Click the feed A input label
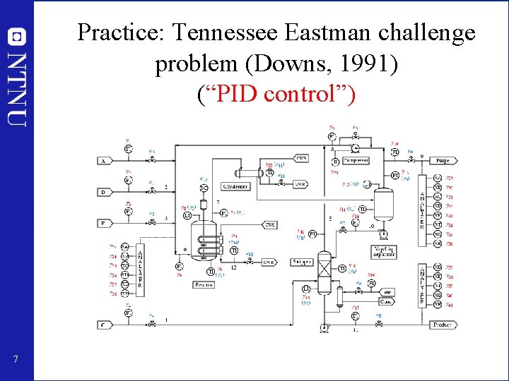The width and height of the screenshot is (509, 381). pyautogui.click(x=104, y=161)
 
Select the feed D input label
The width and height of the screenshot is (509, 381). pyautogui.click(x=104, y=192)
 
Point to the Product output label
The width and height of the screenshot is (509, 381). pyautogui.click(x=442, y=325)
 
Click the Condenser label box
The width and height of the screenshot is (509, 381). pyautogui.click(x=235, y=186)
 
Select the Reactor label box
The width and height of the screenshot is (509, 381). pyautogui.click(x=204, y=284)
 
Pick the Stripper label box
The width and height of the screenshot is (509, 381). pyautogui.click(x=303, y=262)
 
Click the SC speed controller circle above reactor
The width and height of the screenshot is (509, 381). pyautogui.click(x=204, y=188)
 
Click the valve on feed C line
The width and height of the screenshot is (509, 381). pyautogui.click(x=153, y=325)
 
